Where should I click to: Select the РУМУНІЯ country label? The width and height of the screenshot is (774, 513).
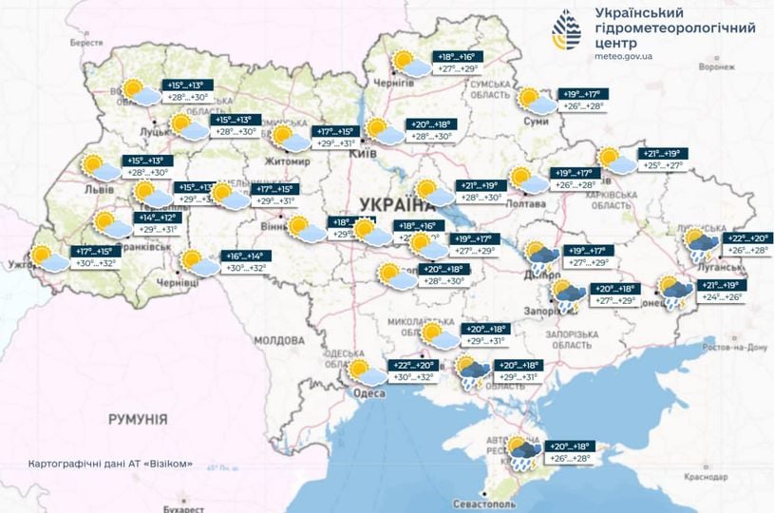(x=137, y=419)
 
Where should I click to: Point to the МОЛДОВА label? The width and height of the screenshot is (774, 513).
(x=277, y=339)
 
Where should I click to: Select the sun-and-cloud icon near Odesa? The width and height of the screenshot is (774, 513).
(x=366, y=372)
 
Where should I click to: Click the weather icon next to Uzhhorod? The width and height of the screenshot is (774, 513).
(x=47, y=257)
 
